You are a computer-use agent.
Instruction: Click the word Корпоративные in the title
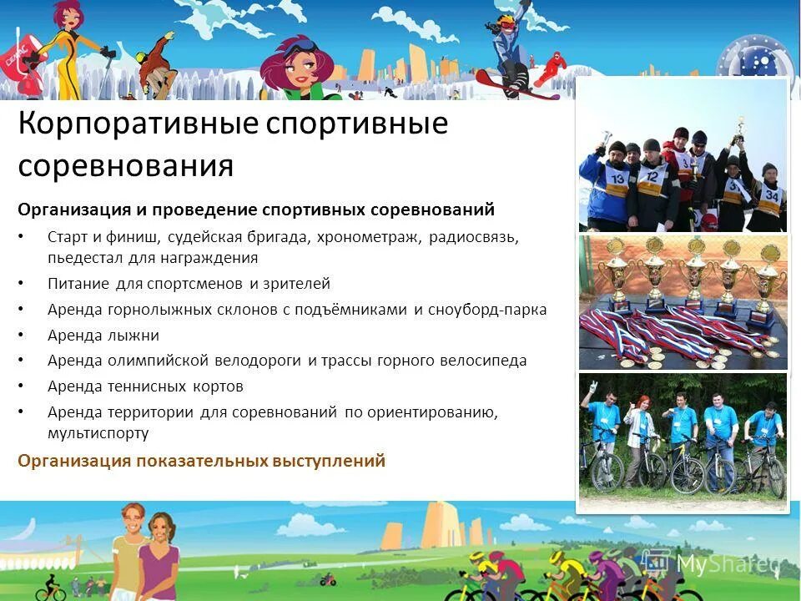coord(137,124)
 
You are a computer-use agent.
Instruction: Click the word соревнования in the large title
coord(125,165)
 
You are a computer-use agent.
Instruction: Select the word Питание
coord(79,284)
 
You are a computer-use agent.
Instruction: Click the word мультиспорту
coord(98,433)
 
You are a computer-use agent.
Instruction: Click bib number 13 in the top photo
coord(617,178)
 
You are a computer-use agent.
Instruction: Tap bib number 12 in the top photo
coord(652,176)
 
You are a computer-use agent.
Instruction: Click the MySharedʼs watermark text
coord(724,564)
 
